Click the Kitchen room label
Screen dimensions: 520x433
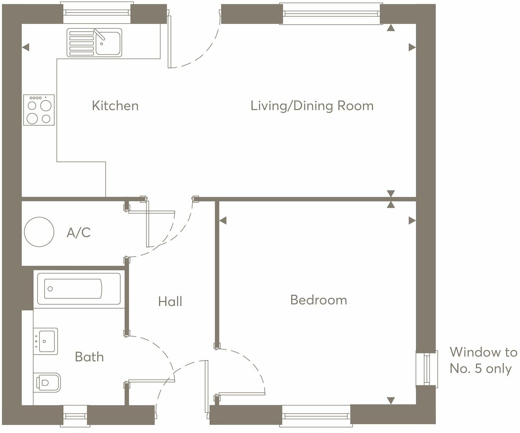coord(115,106)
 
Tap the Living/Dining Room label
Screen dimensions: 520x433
coord(312,106)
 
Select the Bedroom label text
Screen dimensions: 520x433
coord(319,300)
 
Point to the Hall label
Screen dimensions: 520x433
coord(170,301)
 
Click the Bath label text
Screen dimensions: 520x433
coord(89,357)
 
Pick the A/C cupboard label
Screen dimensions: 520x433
coord(79,233)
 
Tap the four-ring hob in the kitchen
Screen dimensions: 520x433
coord(39,110)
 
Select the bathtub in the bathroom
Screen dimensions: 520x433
coord(79,289)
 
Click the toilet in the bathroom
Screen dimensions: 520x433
coord(48,382)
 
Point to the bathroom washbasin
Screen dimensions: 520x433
coord(46,341)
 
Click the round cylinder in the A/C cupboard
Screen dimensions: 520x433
coord(39,232)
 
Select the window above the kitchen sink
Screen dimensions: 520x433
coord(97,13)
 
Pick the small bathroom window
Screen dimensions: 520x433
coord(75,416)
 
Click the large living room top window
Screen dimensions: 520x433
coord(331,14)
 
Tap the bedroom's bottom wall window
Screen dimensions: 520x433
coord(316,416)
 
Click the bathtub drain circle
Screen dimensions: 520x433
coord(50,289)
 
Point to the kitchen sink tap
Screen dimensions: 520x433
coord(99,34)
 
